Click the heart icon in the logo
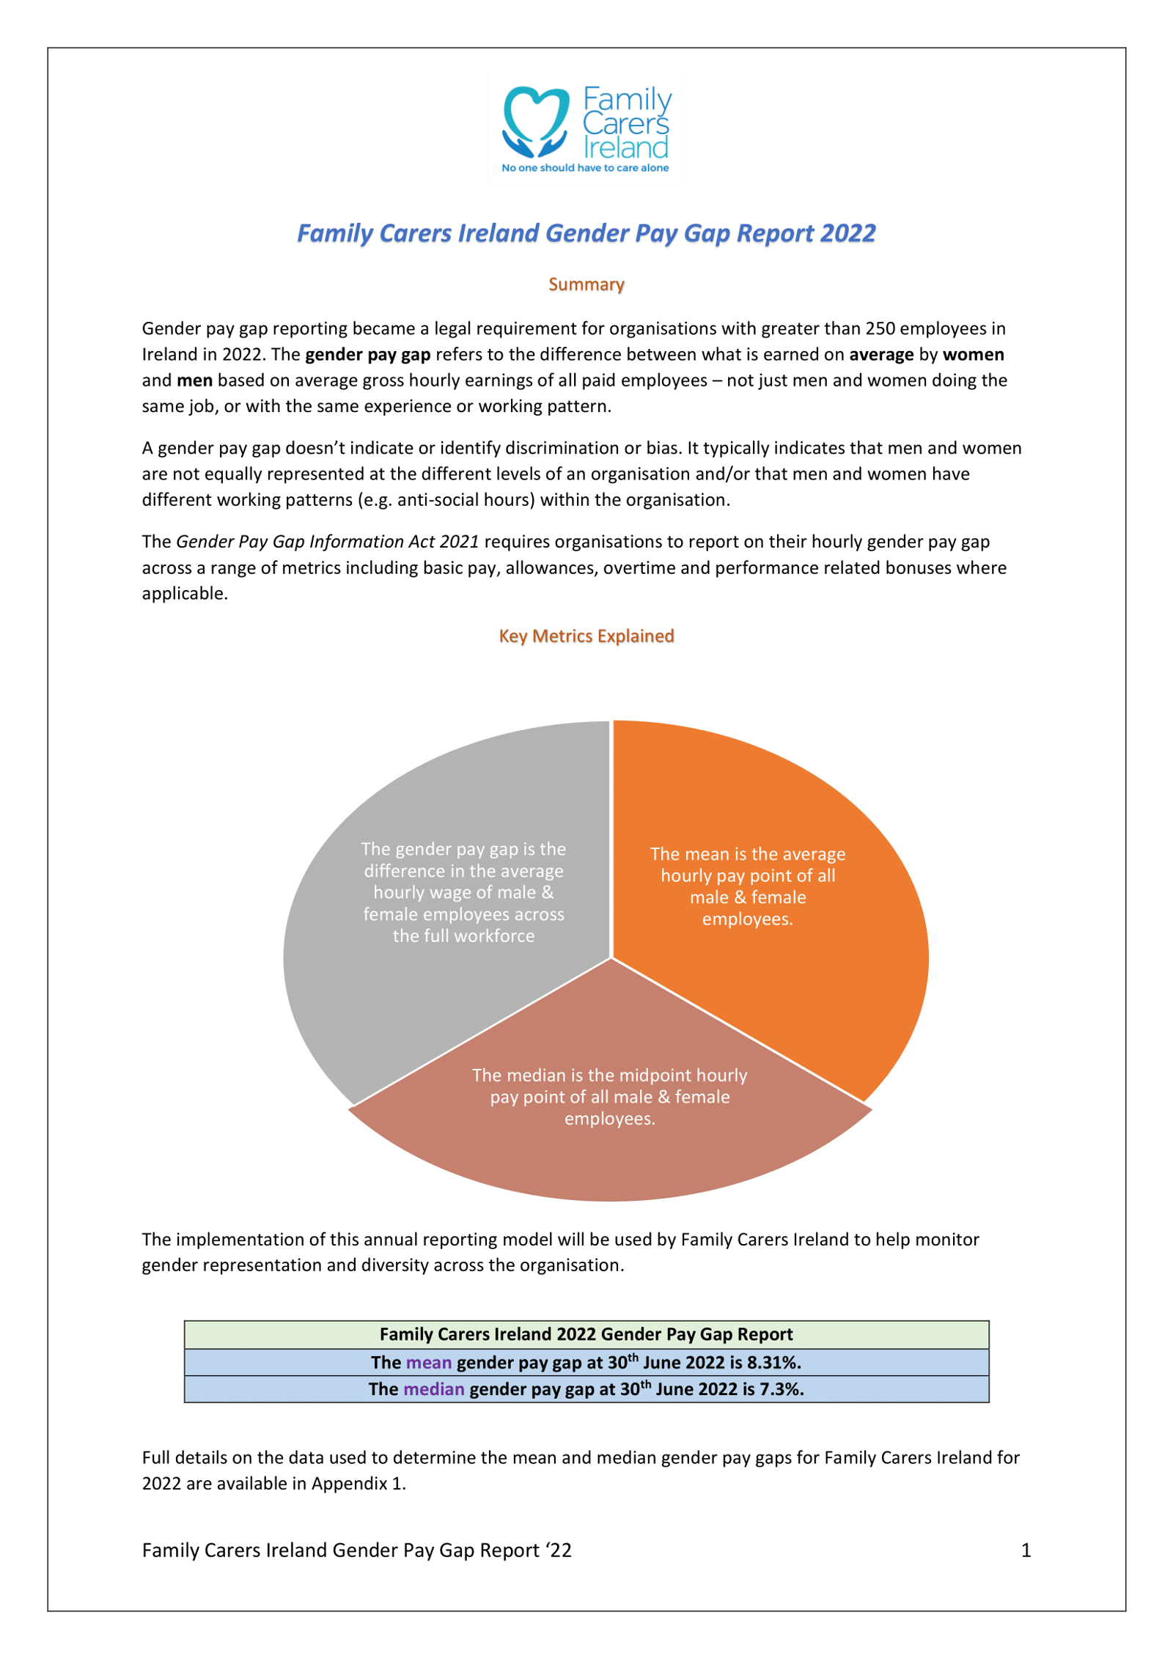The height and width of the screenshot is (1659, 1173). point(535,121)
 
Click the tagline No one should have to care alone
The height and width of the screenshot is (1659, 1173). point(584,168)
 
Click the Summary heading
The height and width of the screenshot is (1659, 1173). point(586,284)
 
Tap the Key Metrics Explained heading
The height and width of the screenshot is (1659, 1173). point(586,636)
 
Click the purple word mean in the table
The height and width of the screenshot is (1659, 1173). point(429,1362)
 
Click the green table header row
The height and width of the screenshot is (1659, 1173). point(586,1334)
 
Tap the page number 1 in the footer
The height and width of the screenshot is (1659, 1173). point(1026,1550)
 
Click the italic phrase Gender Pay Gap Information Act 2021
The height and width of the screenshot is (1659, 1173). point(327,542)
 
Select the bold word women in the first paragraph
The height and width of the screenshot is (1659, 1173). point(973,355)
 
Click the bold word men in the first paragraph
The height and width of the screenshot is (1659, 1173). point(194,380)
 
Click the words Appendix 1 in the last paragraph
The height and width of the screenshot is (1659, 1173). point(358,1483)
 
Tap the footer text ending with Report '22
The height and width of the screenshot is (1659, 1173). point(356,1550)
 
